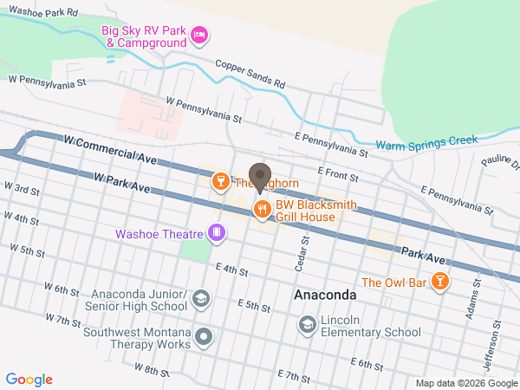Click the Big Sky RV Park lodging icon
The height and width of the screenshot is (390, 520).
pyautogui.click(x=199, y=35)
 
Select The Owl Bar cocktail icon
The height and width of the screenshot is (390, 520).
pyautogui.click(x=440, y=282)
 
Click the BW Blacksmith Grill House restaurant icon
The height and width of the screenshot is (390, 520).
pyautogui.click(x=260, y=209)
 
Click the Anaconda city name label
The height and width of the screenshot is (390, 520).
pyautogui.click(x=325, y=295)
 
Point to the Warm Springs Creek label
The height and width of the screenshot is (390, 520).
pyautogui.click(x=427, y=143)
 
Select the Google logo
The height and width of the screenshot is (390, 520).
pyautogui.click(x=29, y=380)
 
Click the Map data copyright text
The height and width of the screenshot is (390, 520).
pyautogui.click(x=465, y=383)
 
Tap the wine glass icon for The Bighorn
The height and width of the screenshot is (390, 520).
pyautogui.click(x=221, y=181)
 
